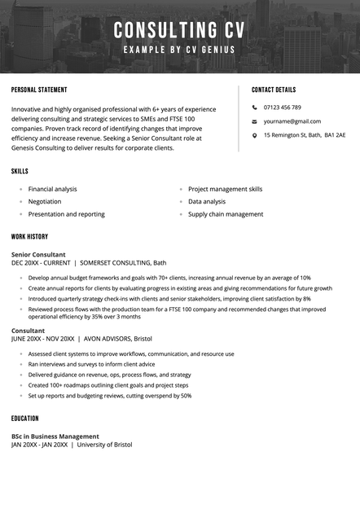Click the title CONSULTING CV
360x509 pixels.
click(x=179, y=31)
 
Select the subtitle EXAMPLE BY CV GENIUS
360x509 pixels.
click(x=179, y=50)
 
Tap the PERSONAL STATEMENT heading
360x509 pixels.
click(x=39, y=90)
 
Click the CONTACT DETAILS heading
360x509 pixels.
click(x=274, y=90)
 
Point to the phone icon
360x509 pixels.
click(x=254, y=108)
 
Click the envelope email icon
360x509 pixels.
click(x=254, y=121)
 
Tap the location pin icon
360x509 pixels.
click(x=254, y=135)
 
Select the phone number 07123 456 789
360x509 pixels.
click(x=283, y=108)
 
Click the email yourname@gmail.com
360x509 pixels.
click(x=292, y=121)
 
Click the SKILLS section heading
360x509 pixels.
click(x=20, y=172)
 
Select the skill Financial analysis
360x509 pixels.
click(x=53, y=189)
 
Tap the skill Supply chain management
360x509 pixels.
click(x=226, y=214)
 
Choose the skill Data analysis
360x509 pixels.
click(x=207, y=201)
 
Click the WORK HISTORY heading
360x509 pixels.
click(x=29, y=236)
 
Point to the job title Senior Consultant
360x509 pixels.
click(x=38, y=254)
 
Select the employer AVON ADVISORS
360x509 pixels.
click(x=112, y=338)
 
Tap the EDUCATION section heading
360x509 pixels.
click(x=25, y=419)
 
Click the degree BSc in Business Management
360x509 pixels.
click(x=55, y=436)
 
